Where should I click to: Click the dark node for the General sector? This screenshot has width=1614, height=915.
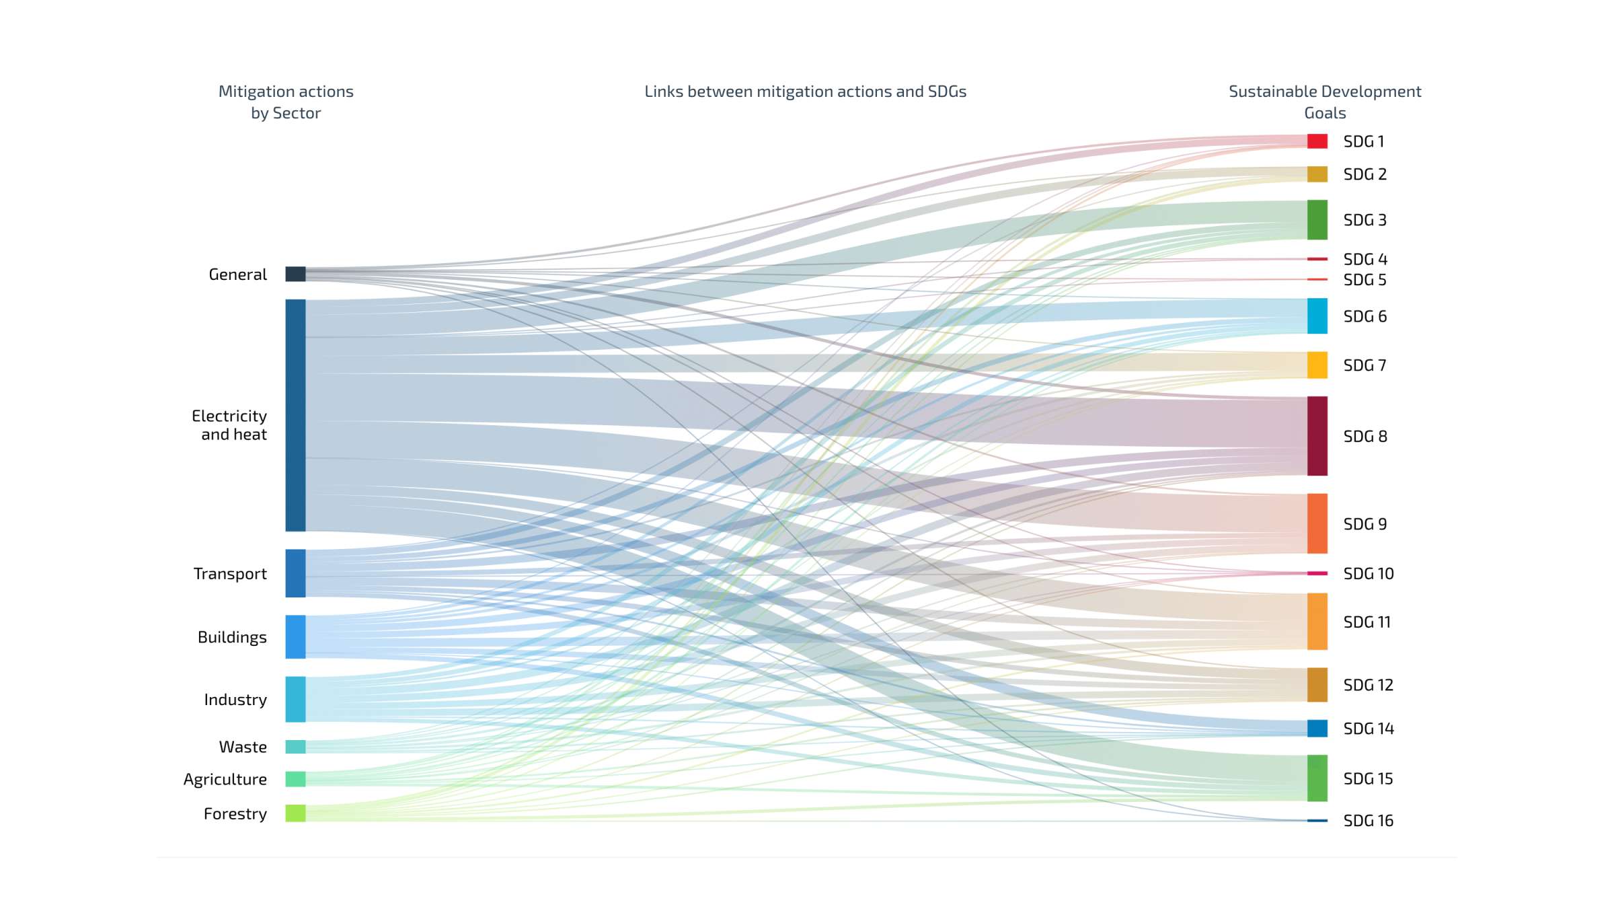coord(295,274)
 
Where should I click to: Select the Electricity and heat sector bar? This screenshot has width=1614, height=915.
coord(295,415)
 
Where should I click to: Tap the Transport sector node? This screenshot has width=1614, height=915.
coord(295,573)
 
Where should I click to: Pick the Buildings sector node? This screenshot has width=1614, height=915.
coord(295,636)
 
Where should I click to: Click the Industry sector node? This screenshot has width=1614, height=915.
coord(295,699)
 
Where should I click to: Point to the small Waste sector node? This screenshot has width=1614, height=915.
coord(295,747)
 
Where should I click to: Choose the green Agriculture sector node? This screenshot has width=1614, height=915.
coord(295,779)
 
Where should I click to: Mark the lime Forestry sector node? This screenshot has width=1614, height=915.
coord(295,813)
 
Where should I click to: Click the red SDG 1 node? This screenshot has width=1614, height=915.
coord(1317,141)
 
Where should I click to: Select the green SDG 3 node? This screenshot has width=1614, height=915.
coord(1317,220)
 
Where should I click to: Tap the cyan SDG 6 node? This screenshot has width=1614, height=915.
coord(1317,316)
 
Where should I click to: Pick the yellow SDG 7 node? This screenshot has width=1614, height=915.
coord(1317,365)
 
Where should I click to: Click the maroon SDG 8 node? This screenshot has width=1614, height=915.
coord(1317,436)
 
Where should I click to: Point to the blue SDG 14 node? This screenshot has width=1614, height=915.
coord(1317,729)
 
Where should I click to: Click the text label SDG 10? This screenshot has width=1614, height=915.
coord(1368,574)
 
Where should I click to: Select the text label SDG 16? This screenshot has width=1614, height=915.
coord(1368,821)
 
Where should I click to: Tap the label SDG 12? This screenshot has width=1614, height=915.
coord(1368,686)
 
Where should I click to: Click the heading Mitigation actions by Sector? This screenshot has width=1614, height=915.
coord(286,102)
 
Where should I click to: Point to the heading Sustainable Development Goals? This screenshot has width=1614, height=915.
coord(1325,102)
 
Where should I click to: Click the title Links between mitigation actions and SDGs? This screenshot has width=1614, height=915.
coord(805,91)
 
